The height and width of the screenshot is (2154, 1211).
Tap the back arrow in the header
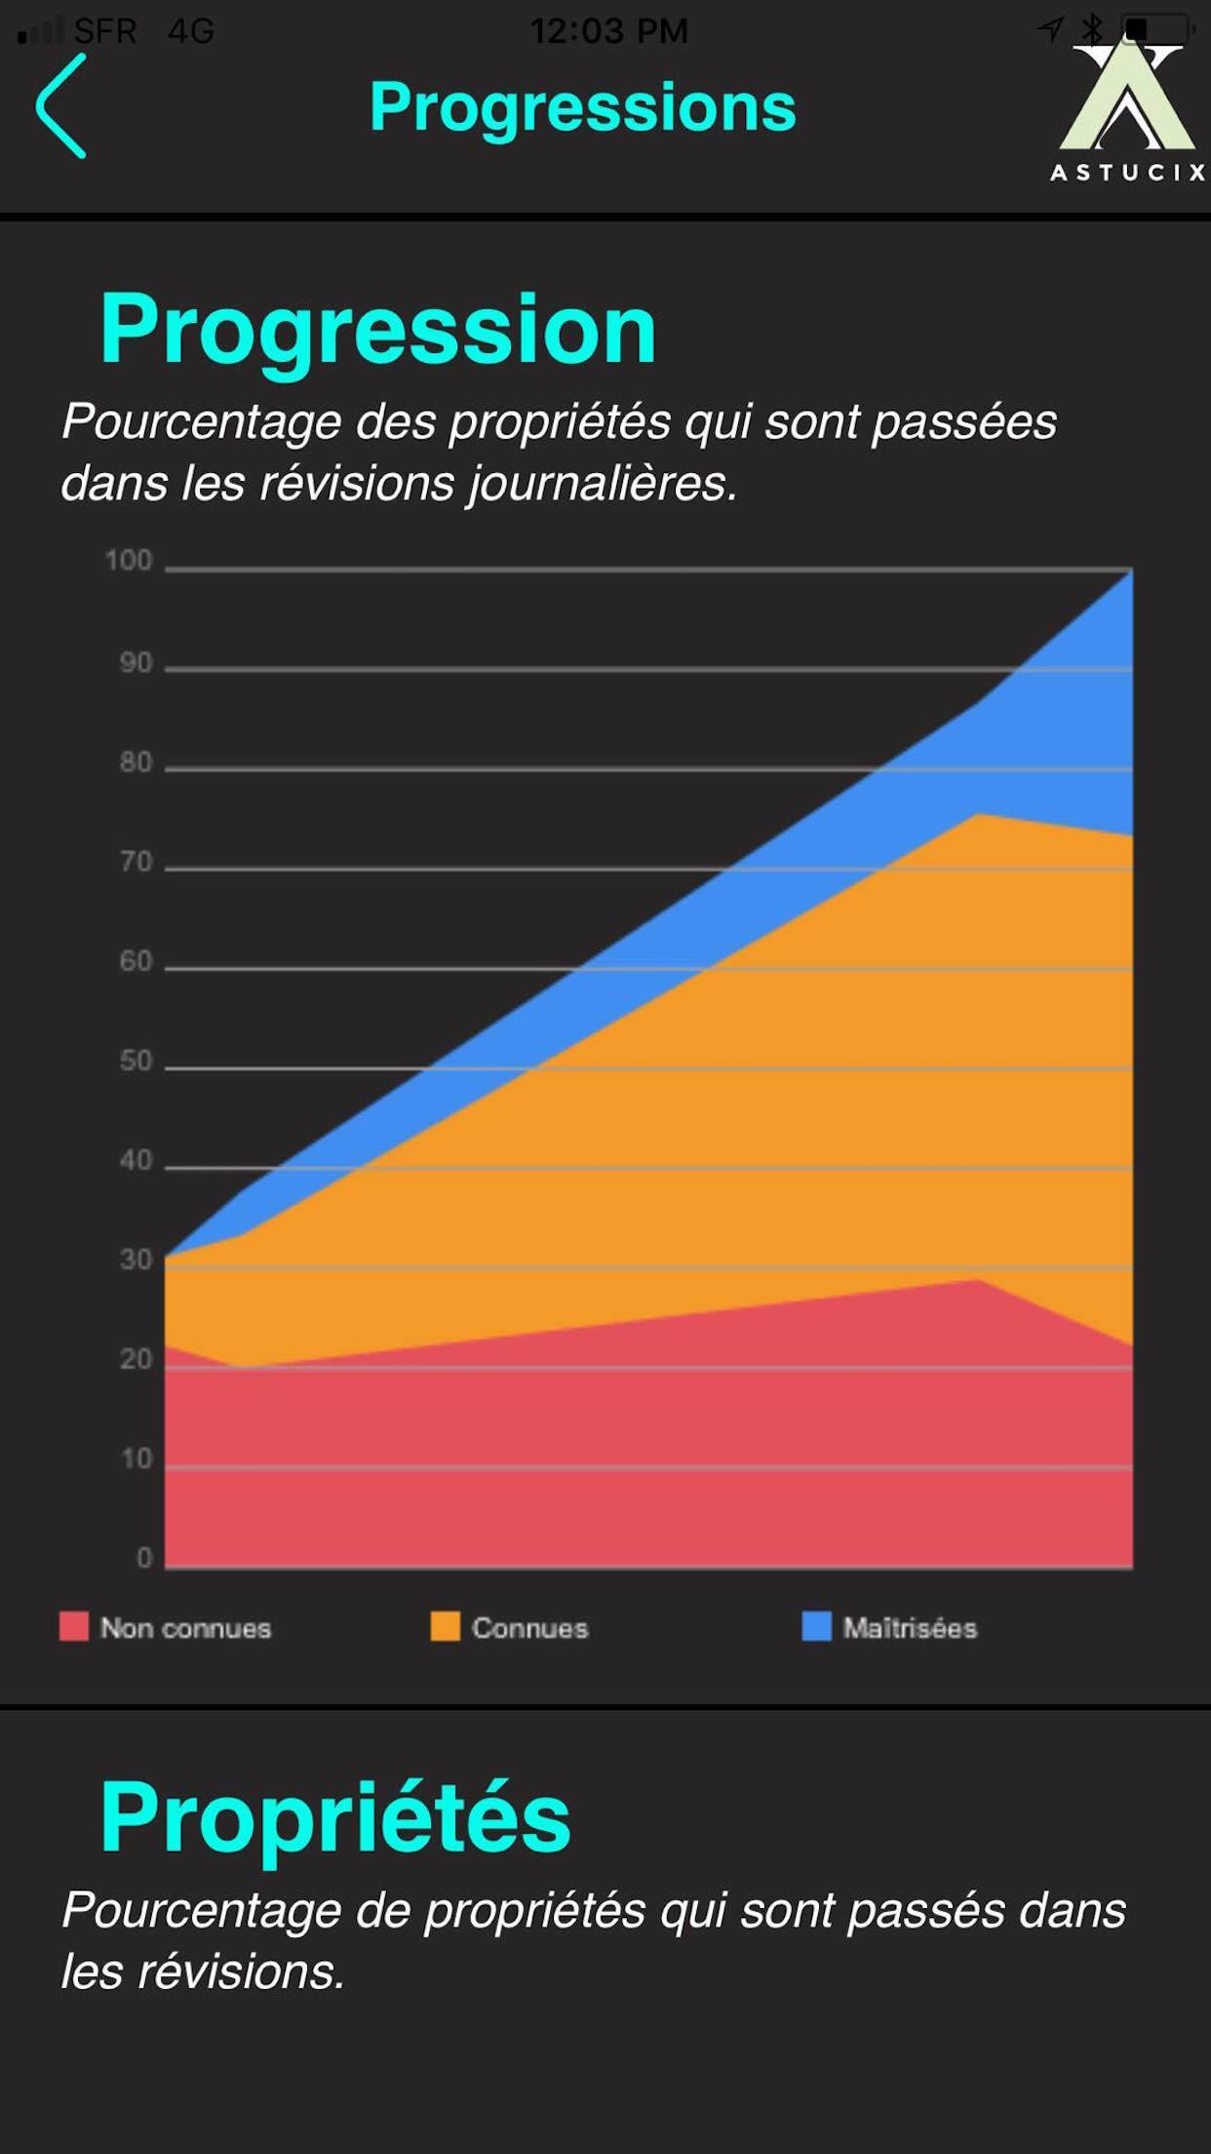(61, 106)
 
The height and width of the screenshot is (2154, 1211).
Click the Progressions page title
(582, 106)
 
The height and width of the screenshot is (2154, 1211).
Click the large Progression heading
(378, 330)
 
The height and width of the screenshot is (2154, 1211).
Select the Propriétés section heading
(335, 1816)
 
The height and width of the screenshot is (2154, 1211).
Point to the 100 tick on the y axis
(129, 561)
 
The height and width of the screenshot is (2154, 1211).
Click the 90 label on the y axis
(136, 663)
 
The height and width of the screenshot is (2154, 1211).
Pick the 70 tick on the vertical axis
(136, 862)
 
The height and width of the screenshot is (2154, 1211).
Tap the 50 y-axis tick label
(136, 1061)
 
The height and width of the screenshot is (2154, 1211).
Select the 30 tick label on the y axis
(136, 1260)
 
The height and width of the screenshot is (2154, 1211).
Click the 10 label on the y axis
(136, 1459)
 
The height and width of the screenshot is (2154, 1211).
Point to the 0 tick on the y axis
(144, 1558)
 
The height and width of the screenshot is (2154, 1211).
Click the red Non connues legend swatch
(74, 1626)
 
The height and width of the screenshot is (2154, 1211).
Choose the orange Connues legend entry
(510, 1627)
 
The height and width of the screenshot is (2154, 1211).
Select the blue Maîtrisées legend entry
(889, 1627)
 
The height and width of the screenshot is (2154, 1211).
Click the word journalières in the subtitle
(602, 484)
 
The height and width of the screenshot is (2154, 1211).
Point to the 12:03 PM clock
(608, 31)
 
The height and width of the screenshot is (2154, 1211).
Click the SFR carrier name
(105, 31)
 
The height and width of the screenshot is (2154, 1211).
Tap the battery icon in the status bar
(1156, 29)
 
